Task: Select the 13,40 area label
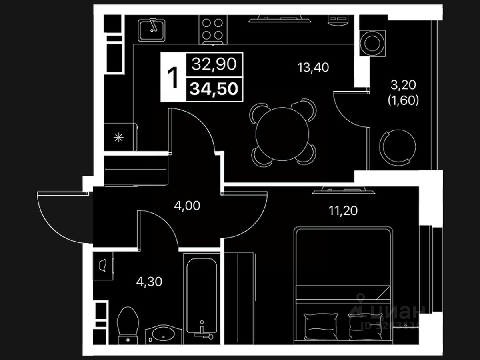[313, 68]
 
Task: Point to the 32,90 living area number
[214, 64]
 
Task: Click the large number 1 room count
[173, 78]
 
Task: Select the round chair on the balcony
[398, 146]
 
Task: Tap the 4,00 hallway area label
[187, 206]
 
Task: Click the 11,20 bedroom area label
[343, 210]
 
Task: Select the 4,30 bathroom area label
[149, 282]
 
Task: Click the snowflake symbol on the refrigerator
[118, 137]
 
